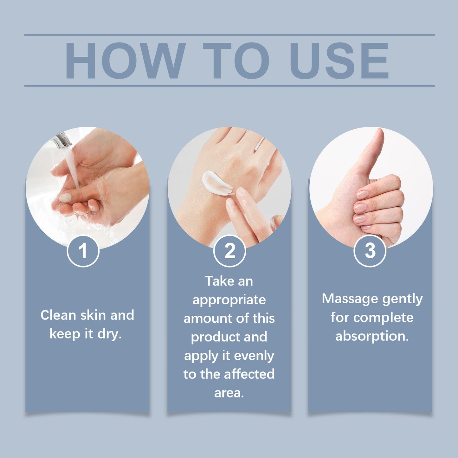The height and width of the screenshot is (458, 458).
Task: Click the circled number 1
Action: coord(83,251)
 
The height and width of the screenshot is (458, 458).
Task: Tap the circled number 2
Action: coord(229,251)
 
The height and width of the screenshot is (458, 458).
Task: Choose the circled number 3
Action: coord(370,251)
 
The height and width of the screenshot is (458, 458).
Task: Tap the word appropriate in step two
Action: coord(229,300)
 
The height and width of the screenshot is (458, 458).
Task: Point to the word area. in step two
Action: coord(229,393)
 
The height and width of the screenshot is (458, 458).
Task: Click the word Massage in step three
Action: coord(350,299)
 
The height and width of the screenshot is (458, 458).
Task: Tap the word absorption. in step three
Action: coord(372,336)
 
